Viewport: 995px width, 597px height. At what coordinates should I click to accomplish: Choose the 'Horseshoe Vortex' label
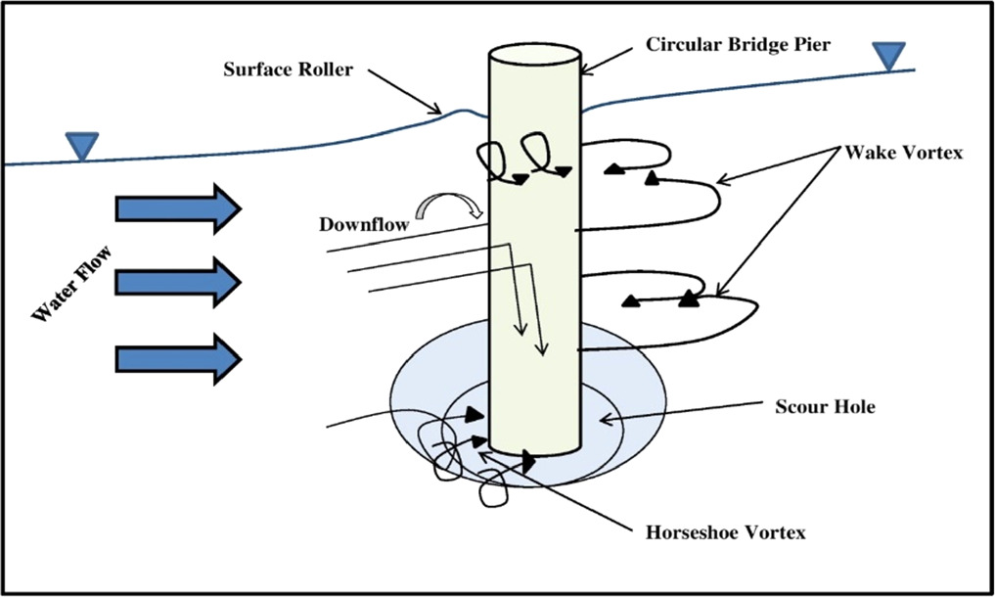tap(725, 533)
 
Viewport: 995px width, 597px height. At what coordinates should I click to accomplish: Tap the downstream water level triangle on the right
tap(888, 57)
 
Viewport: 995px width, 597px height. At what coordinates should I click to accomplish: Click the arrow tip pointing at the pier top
tap(585, 69)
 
